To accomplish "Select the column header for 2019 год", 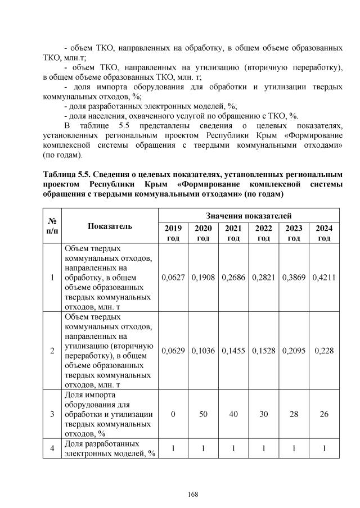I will tap(173, 233).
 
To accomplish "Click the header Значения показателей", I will tap(249, 215).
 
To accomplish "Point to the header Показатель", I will tap(110, 226).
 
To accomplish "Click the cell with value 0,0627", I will tap(173, 278).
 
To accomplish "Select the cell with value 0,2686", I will tap(233, 278).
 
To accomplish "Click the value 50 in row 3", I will tap(203, 414).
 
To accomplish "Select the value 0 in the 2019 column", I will tap(173, 414).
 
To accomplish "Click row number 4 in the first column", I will tap(52, 449).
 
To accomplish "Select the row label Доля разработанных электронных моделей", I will tap(110, 449).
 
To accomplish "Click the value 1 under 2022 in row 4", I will tap(263, 449).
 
